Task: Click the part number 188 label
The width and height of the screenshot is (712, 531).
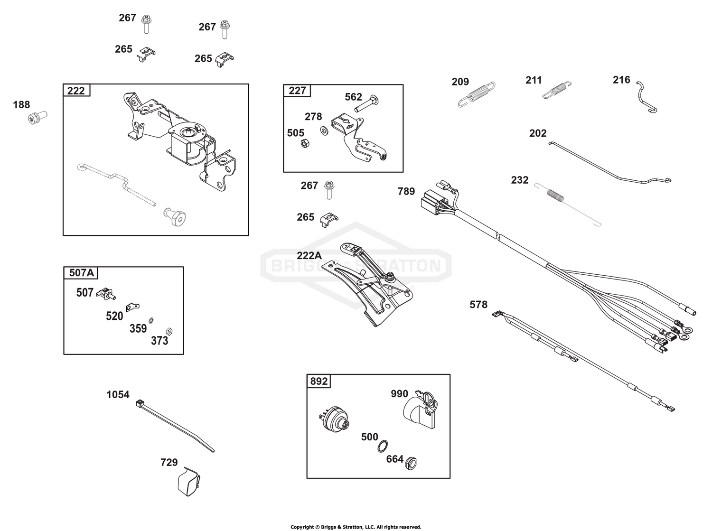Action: (21, 104)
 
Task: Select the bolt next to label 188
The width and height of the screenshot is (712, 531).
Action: (37, 116)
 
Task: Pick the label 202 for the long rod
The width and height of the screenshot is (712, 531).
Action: (538, 133)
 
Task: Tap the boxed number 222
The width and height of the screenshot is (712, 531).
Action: (76, 91)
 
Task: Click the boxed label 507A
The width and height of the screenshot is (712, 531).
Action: (82, 273)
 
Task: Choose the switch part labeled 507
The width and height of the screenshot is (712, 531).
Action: (106, 295)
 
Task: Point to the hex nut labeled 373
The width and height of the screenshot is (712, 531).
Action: (168, 331)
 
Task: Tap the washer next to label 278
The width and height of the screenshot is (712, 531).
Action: (324, 130)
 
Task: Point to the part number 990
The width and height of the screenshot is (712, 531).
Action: (399, 394)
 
